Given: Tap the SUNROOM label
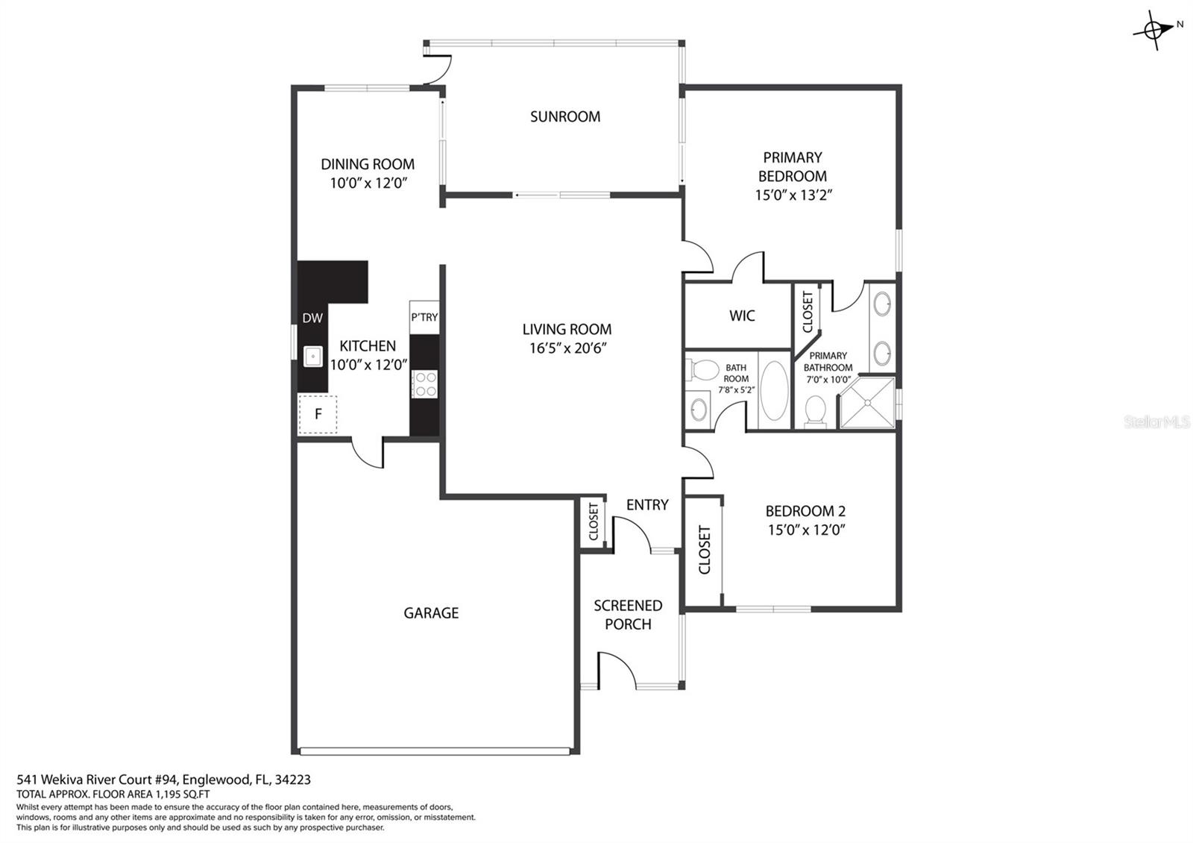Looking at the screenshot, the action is [565, 116].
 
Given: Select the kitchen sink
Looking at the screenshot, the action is [313, 356].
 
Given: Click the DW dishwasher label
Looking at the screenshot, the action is [312, 318].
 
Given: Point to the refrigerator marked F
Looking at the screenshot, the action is [318, 414].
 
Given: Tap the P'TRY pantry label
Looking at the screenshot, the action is [424, 318].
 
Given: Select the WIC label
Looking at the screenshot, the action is [742, 316].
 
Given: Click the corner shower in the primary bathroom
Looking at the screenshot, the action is [868, 402].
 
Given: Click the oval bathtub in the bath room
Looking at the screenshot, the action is [775, 391].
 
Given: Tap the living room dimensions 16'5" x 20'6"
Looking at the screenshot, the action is [567, 348].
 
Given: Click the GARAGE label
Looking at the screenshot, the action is [431, 613].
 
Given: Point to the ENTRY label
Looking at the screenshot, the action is [647, 504].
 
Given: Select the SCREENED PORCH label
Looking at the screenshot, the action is [628, 615].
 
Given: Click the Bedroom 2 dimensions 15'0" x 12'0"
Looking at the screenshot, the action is [806, 530].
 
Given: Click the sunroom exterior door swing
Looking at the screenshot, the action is [438, 70].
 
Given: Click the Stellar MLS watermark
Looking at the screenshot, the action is [1156, 422].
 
